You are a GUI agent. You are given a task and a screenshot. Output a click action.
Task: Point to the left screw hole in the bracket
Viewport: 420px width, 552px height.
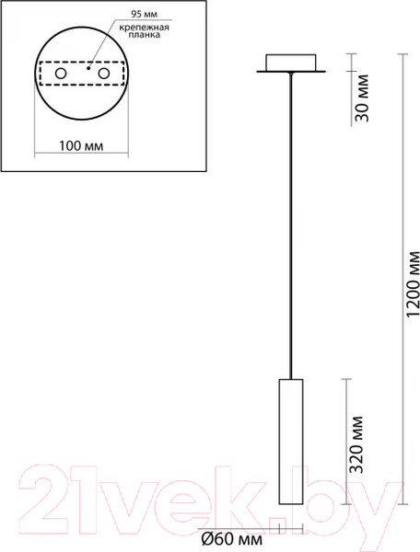pyautogui.click(x=60, y=73)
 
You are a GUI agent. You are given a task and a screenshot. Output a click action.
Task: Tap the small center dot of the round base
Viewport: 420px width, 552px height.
pyautogui.click(x=85, y=68)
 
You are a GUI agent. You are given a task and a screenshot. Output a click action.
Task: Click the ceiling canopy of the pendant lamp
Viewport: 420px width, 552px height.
pyautogui.click(x=293, y=64)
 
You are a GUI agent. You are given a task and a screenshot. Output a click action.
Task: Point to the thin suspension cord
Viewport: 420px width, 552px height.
pyautogui.click(x=293, y=230)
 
